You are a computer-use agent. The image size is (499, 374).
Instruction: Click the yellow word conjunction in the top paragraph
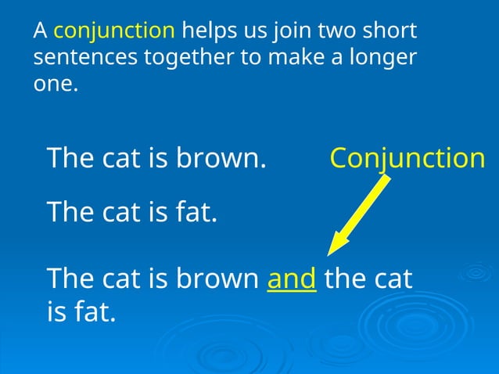click(114, 31)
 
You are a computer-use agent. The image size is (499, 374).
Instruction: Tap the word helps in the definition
click(206, 31)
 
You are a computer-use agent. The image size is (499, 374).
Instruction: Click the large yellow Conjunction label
click(407, 158)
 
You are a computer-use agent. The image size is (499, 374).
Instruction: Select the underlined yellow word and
click(292, 279)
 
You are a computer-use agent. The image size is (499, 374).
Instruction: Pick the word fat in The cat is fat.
click(195, 210)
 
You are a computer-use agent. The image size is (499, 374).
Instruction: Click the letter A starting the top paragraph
click(41, 31)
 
